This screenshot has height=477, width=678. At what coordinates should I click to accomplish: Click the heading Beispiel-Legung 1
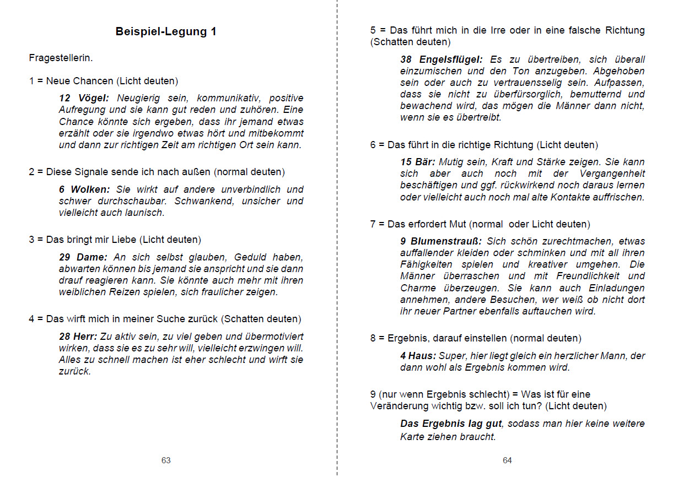point(166,31)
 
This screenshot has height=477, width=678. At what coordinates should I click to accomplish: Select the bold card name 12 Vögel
point(84,98)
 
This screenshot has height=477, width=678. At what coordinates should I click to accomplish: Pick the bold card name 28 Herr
point(78,336)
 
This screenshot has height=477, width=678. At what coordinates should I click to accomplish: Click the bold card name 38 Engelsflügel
point(442,59)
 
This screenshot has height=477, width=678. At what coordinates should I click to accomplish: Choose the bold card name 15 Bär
point(418,162)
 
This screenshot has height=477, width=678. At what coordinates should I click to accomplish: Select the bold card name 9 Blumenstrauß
point(441,241)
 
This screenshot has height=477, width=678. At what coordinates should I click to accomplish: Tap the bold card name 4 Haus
point(418,356)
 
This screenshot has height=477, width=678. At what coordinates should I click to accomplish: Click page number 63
point(166,460)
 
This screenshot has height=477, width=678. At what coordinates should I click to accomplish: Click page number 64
point(507,460)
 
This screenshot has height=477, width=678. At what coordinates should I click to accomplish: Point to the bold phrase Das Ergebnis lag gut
point(451,424)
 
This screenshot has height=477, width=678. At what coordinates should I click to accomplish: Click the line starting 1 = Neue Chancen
point(104,81)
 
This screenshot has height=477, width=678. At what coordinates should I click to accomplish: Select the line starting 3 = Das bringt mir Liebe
point(115,240)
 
